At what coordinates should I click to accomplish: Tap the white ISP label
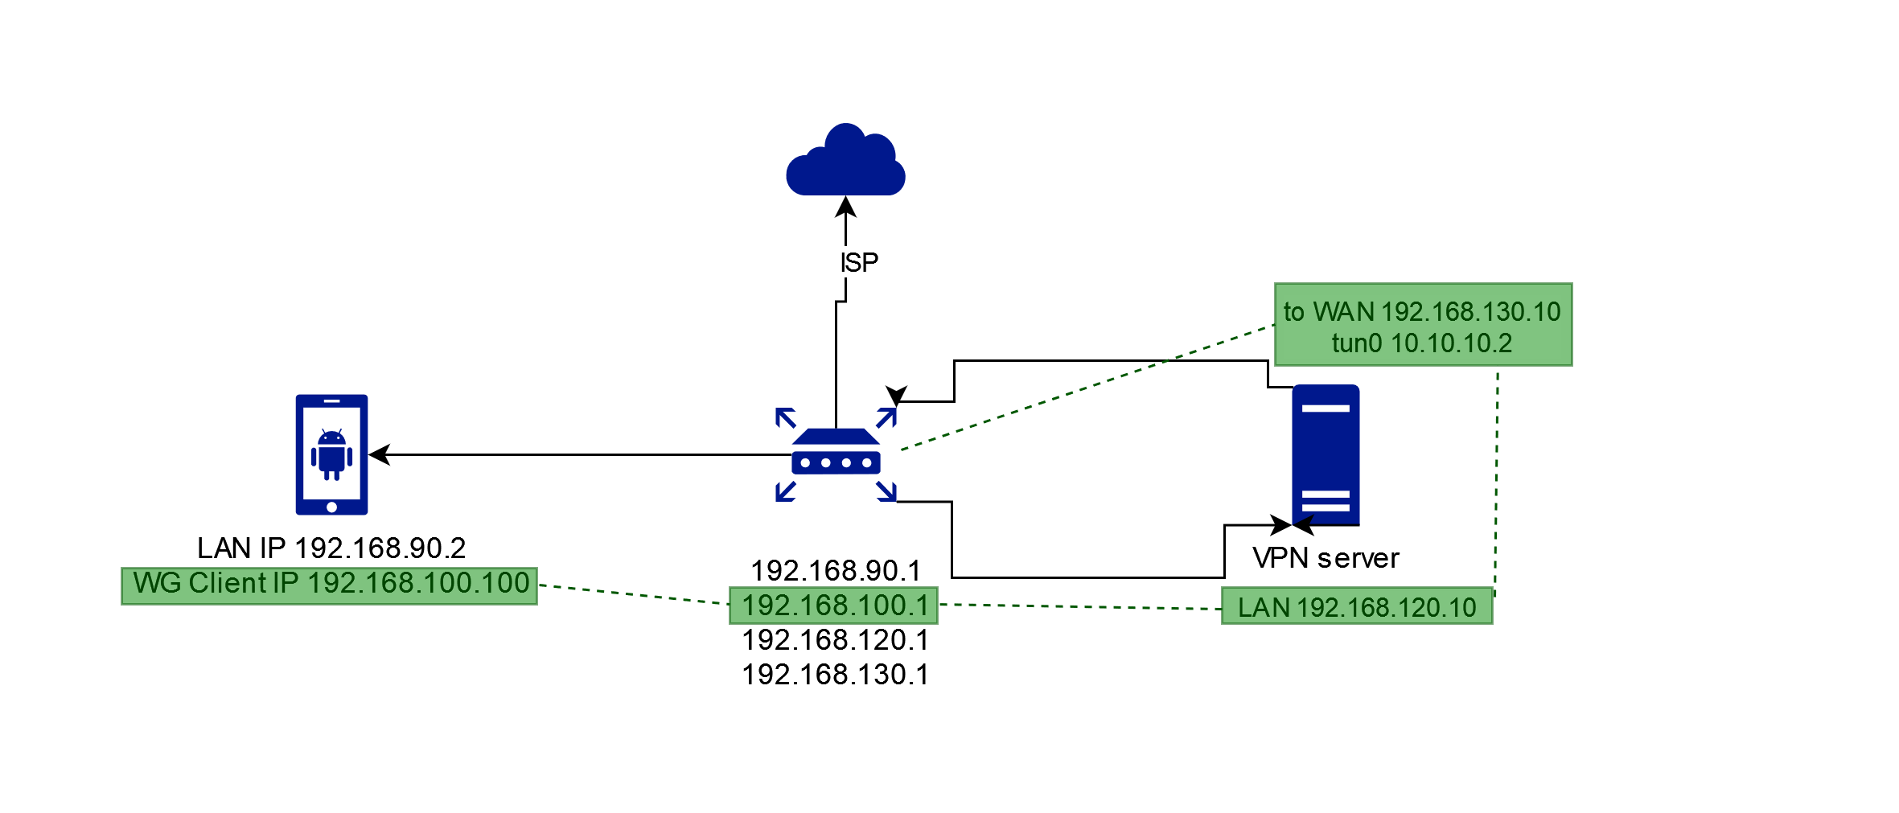857,262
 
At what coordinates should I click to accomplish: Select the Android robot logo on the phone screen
331,454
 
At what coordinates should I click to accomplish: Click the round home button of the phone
331,507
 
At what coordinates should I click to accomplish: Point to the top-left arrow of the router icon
785,417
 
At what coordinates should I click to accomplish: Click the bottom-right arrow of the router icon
887,491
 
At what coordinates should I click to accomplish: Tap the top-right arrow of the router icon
886,417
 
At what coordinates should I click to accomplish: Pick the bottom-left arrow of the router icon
785,491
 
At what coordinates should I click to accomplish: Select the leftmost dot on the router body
805,463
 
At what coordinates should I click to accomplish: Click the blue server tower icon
1326,454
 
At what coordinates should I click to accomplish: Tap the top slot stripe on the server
1326,409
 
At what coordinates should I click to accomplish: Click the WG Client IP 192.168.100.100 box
330,585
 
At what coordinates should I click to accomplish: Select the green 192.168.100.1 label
833,606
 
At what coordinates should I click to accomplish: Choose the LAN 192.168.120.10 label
1356,607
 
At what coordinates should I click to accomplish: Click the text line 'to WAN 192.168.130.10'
1421,311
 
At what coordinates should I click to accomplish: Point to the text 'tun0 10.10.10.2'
1421,343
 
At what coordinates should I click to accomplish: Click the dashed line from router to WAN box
1086,388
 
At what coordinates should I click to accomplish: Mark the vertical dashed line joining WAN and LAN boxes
1496,482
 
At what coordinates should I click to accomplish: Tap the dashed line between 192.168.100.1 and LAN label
1078,606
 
